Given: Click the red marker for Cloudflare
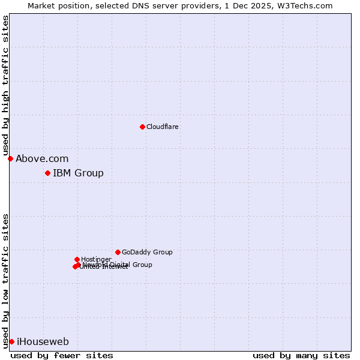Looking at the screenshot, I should (x=142, y=127).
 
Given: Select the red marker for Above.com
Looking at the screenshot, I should (x=10, y=158).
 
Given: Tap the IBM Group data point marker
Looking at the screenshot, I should (x=47, y=173).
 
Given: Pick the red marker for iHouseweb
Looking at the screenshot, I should (x=11, y=341).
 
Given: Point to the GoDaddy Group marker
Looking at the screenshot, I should (x=118, y=252).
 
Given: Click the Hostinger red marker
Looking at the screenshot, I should (x=77, y=259).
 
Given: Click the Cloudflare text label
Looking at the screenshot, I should (x=162, y=127).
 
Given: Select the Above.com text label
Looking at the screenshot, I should (x=42, y=159).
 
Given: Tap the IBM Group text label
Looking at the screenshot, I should (x=78, y=173).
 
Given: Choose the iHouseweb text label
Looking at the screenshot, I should (x=43, y=342).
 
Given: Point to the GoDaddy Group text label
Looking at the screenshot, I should (x=147, y=252).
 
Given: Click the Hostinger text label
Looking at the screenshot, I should (x=96, y=259).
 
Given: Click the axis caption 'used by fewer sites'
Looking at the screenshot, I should (x=62, y=355).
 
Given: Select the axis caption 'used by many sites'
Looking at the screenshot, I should (x=301, y=355).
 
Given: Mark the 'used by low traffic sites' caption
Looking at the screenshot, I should (x=6, y=280).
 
